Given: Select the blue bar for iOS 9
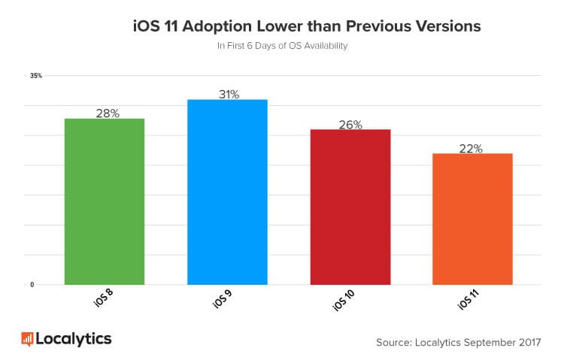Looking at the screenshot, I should tap(227, 192).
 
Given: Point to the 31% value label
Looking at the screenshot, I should tap(227, 94).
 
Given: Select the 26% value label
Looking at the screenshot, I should tap(350, 124).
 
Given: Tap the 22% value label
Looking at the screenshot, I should tap(471, 148).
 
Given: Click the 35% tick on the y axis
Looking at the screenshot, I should tap(35, 76).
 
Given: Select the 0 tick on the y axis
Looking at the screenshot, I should tap(32, 285).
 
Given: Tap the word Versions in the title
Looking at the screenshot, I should tap(442, 27).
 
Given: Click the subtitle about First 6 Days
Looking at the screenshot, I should tap(282, 47).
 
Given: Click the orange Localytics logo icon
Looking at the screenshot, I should tap(27, 339).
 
